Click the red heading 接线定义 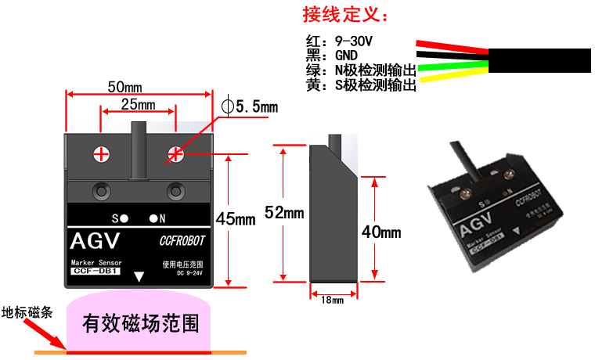(x=346, y=15)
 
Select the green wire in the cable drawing (x=454, y=66)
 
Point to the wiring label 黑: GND (x=332, y=56)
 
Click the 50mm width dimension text (x=124, y=85)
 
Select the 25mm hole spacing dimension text (x=138, y=104)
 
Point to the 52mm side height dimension (x=283, y=212)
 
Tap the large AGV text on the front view (x=97, y=239)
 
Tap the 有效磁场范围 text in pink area (x=140, y=322)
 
